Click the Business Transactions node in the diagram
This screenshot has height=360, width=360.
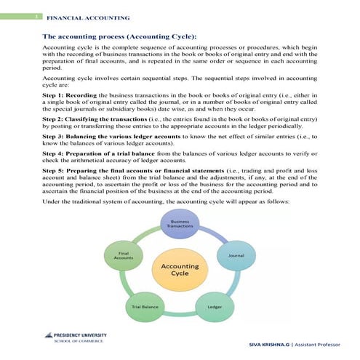[180, 224]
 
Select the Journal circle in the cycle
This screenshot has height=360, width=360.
[236, 256]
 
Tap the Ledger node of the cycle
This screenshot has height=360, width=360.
[215, 307]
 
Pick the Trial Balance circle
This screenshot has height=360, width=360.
[145, 307]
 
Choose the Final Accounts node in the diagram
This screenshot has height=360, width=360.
[124, 256]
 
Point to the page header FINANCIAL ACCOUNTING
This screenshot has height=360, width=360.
[88, 16]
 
